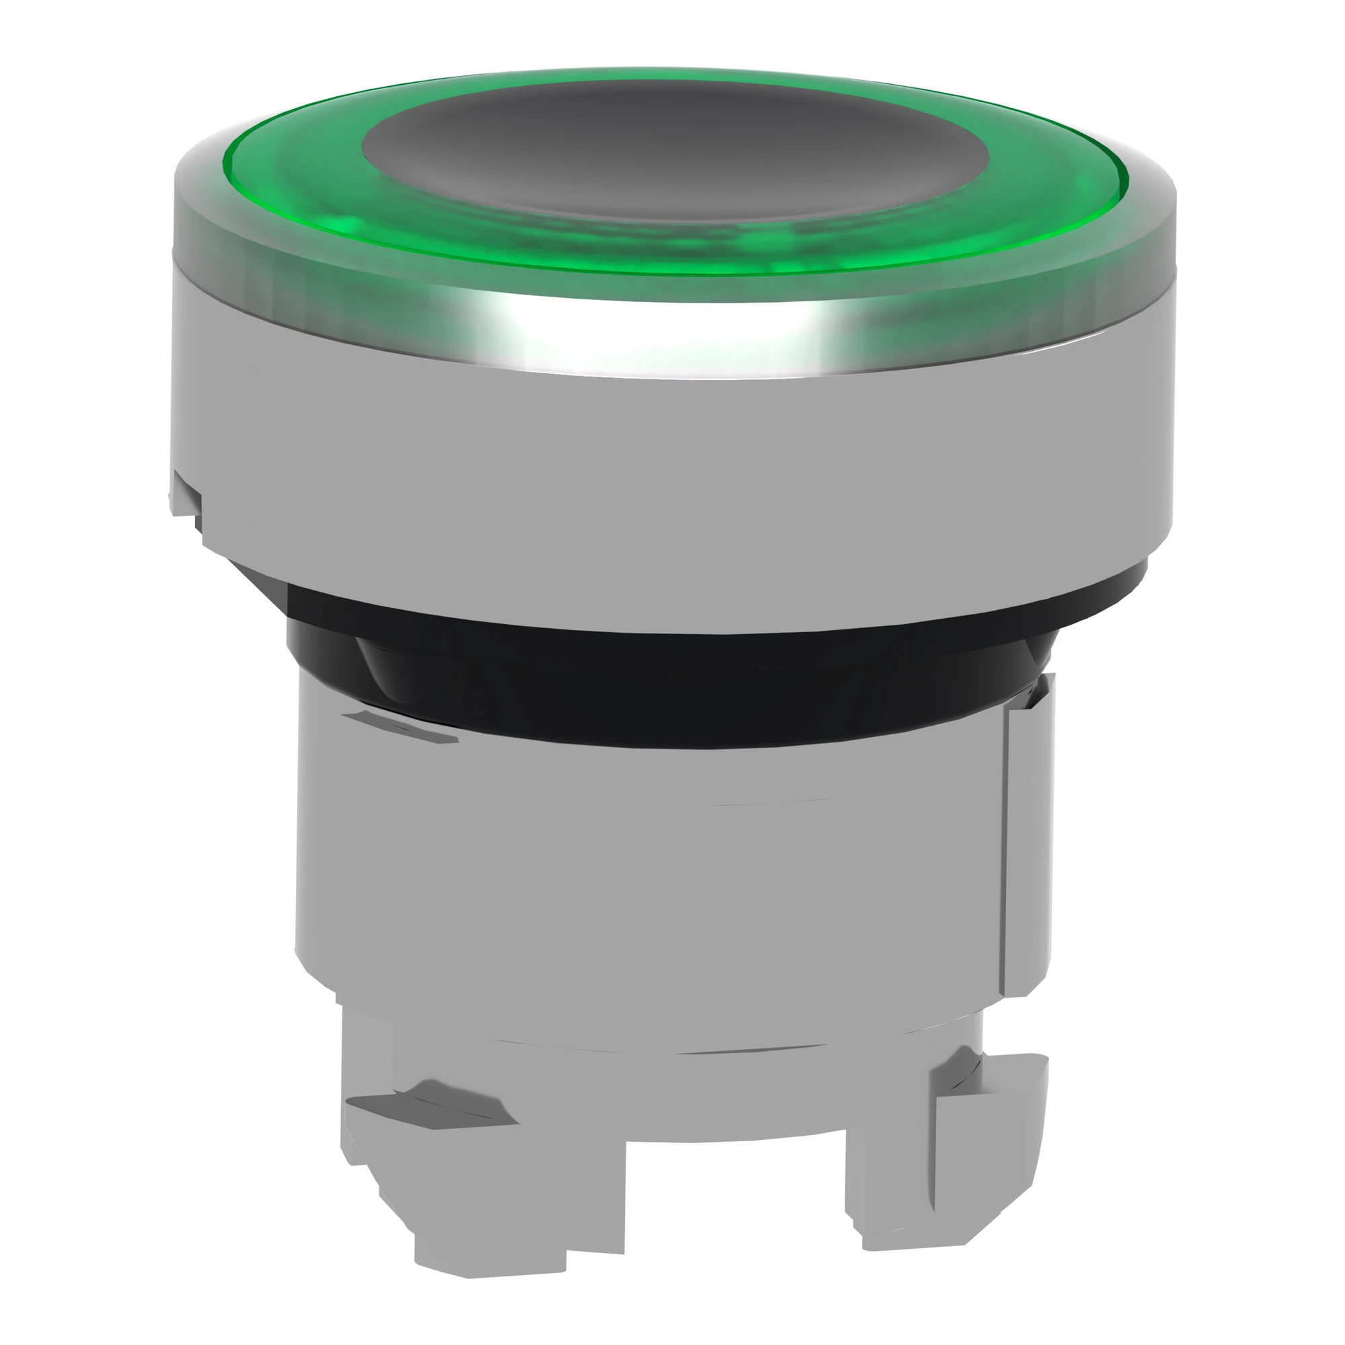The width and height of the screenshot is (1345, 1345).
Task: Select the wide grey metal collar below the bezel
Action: pyautogui.click(x=668, y=459)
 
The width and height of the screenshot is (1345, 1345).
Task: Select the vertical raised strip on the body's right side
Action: pyautogui.click(x=1027, y=835)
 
